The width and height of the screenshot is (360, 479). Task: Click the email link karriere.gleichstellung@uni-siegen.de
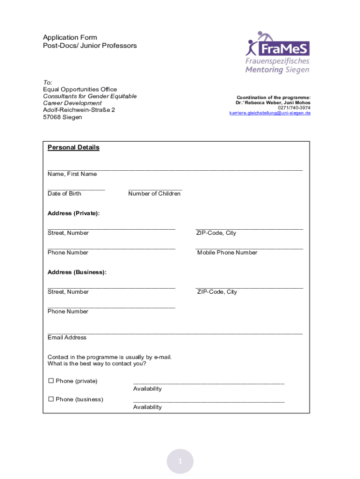(270, 113)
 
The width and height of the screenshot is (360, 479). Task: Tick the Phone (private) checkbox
(51, 381)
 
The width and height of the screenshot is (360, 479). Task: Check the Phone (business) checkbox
(51, 399)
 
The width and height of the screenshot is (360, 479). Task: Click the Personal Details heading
(73, 148)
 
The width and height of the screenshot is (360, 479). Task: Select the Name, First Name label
(72, 174)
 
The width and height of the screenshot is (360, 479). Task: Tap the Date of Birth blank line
(76, 189)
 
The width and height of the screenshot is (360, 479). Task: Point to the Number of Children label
(154, 194)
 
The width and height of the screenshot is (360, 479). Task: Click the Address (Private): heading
(73, 213)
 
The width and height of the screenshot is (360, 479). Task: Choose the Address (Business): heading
(77, 272)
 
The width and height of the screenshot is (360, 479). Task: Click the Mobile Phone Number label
(227, 253)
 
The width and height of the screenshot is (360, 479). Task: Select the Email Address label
(67, 338)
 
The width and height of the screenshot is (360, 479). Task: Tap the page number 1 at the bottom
(180, 462)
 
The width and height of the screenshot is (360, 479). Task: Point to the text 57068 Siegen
(62, 117)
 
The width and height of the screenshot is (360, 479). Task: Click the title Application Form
(70, 37)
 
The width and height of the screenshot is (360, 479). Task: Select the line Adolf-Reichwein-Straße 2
(79, 110)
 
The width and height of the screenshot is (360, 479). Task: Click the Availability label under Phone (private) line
(147, 389)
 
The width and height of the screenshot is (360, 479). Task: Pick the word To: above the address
(48, 82)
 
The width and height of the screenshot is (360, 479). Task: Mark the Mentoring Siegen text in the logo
(277, 70)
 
